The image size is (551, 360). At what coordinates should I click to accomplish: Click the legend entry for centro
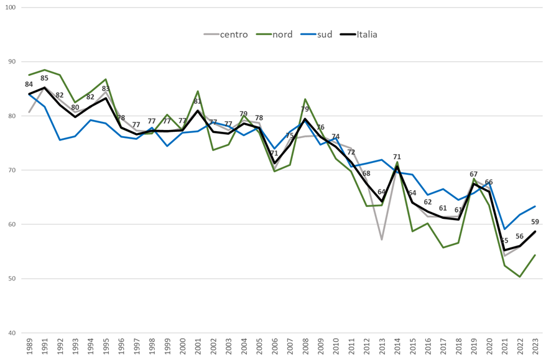pos(233,34)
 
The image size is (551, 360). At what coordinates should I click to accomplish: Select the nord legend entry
pos(283,34)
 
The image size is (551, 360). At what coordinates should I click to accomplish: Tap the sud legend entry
pos(324,34)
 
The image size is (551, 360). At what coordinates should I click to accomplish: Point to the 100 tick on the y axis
pos(10,7)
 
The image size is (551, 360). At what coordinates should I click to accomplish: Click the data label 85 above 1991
pos(44,78)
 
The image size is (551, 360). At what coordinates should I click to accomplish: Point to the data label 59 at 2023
pos(535,222)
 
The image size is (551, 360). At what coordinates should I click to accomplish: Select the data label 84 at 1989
pos(29,85)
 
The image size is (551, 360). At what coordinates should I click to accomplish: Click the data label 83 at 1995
pos(106,89)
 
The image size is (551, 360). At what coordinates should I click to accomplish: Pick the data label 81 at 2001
pos(198,101)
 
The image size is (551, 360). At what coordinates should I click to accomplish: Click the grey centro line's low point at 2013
pos(382,239)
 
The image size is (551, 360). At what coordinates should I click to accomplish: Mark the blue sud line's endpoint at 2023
pos(535,206)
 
